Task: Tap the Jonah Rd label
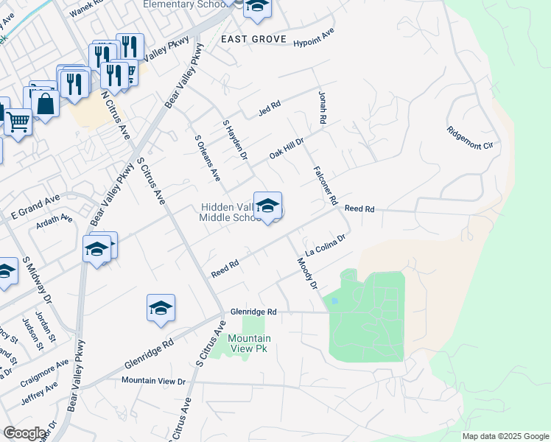pyautogui.click(x=321, y=106)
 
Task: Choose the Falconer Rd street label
pyautogui.click(x=325, y=185)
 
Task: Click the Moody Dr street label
pyautogui.click(x=307, y=273)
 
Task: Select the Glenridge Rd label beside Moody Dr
pyautogui.click(x=252, y=312)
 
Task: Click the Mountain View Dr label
pyautogui.click(x=153, y=380)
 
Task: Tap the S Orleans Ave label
pyautogui.click(x=207, y=158)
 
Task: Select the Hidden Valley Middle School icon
pyautogui.click(x=267, y=206)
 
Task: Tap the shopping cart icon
pyautogui.click(x=18, y=121)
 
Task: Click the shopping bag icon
pyautogui.click(x=46, y=104)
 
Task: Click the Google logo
pyautogui.click(x=24, y=433)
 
